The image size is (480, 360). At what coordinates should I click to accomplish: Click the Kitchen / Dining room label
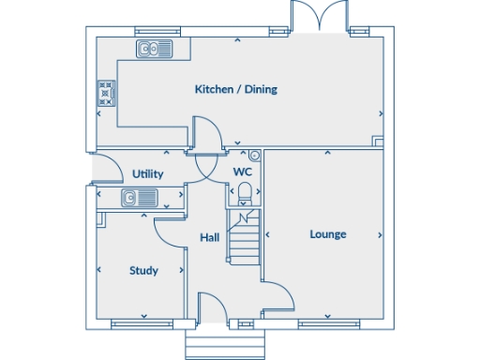coord(235,90)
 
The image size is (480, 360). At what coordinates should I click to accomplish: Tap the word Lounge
coord(328,234)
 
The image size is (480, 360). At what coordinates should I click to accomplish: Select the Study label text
coord(143,271)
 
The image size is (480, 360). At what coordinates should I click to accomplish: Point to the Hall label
coord(210,238)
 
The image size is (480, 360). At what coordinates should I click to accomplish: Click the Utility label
coord(148,174)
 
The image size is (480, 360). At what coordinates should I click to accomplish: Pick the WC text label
coord(242,173)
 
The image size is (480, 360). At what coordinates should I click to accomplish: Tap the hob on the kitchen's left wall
coord(105,93)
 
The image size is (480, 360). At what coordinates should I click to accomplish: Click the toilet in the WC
coord(245,193)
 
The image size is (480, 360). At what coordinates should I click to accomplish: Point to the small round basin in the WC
coord(254,155)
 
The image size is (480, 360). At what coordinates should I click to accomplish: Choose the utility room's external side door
coord(107,170)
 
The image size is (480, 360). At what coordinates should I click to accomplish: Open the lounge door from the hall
coord(278,298)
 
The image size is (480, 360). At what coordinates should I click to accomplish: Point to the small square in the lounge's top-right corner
coord(377,142)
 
